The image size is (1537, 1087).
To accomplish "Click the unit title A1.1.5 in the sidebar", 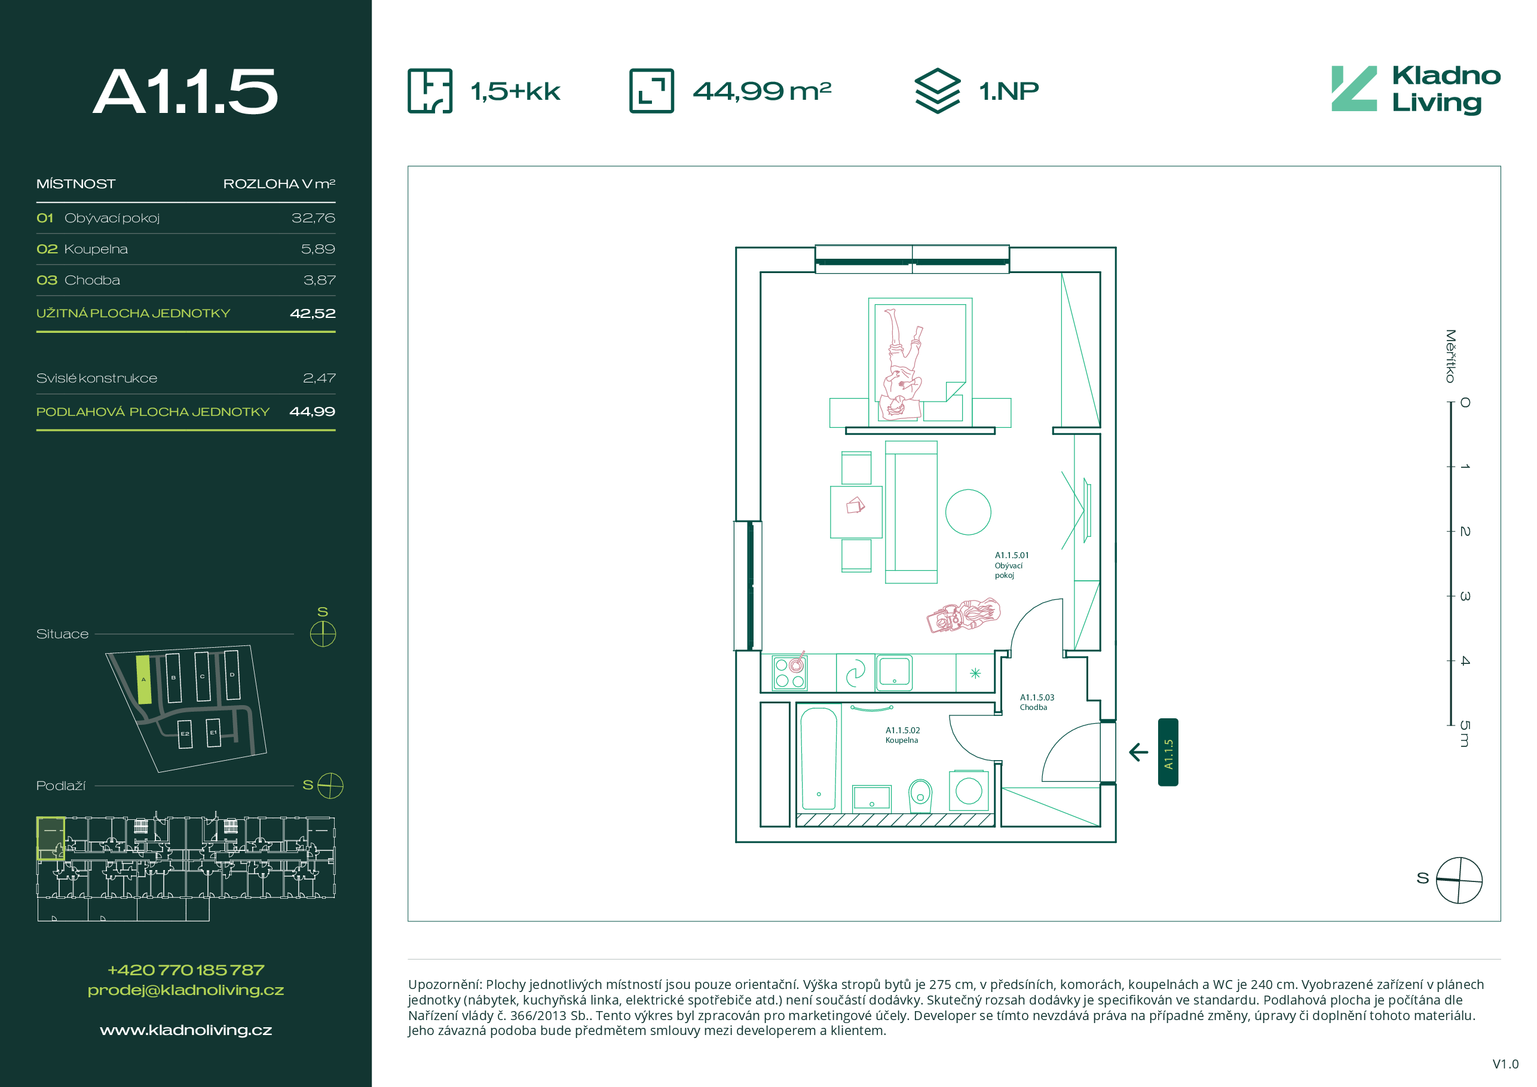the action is click(185, 91).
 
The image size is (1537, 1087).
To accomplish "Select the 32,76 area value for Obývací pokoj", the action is click(313, 218).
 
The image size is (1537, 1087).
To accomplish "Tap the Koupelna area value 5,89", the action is click(318, 249).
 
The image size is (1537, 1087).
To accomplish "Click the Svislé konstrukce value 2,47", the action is click(319, 378).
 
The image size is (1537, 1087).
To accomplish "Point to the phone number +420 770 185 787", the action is click(185, 970).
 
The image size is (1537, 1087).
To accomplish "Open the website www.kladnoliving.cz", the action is click(185, 1030).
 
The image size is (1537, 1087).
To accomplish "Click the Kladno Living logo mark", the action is click(1354, 88).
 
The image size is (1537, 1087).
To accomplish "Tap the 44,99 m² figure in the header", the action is click(762, 91).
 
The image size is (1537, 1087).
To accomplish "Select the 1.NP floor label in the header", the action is click(1009, 91).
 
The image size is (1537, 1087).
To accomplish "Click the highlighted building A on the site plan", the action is click(143, 679).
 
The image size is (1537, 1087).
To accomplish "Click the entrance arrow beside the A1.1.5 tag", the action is click(1138, 752).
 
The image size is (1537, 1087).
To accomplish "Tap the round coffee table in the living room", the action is click(968, 512).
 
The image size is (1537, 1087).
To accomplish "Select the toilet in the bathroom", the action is click(920, 795).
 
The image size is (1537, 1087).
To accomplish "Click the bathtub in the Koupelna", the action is click(819, 758).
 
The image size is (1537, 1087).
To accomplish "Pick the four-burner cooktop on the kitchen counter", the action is click(789, 673).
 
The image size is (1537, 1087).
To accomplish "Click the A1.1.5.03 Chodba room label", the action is click(1037, 702).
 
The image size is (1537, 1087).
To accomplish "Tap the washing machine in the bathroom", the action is click(969, 791).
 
